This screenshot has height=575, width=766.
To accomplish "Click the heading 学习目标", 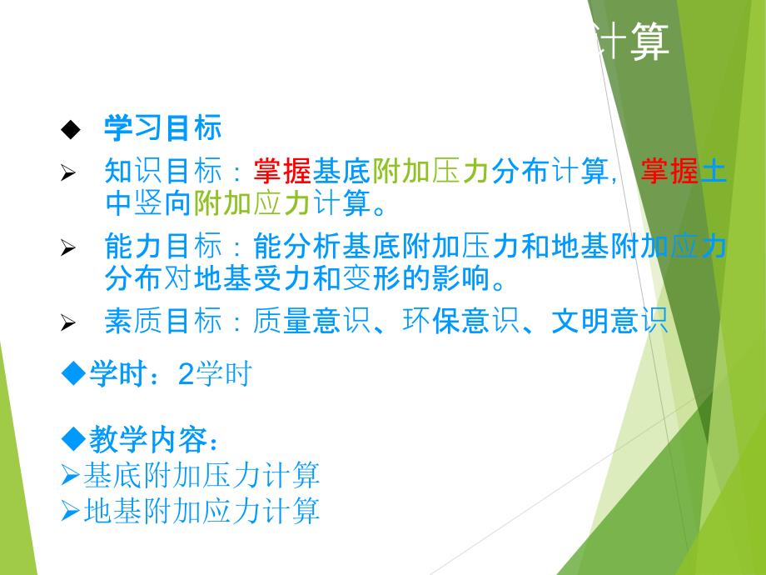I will coord(162,128).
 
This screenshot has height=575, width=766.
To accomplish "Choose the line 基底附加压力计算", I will coord(201,476).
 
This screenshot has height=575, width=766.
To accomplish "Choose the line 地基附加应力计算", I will coord(201,511).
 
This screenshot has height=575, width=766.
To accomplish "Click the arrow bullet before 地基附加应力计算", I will coord(72,512).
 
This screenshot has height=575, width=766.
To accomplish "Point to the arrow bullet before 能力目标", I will coord(69,249).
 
